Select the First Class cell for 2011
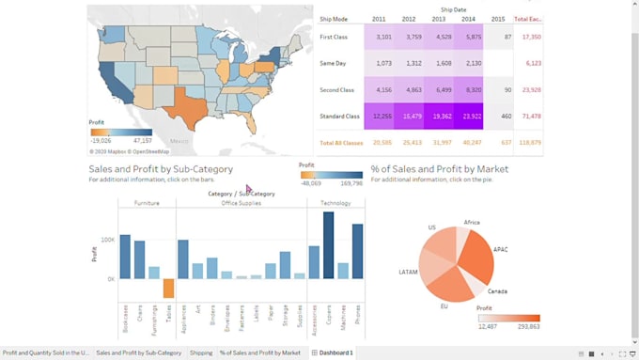pos(383,37)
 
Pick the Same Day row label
pos(335,63)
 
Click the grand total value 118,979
pos(529,143)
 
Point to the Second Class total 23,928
pos(529,90)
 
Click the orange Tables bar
pos(168,289)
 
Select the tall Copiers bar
pos(328,245)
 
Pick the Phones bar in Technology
pos(357,251)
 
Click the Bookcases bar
pos(125,257)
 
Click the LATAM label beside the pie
pos(409,272)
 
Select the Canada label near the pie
pos(497,291)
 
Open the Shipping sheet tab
pos(200,352)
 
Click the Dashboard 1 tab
pos(335,352)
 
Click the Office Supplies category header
pos(242,203)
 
